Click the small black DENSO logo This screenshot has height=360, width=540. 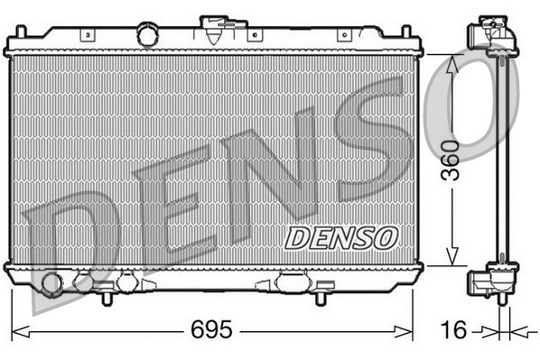340,237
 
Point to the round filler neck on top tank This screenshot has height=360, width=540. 146,34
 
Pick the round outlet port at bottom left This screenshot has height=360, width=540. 51,285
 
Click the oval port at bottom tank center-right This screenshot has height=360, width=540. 292,282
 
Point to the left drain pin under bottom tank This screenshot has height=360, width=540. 106,295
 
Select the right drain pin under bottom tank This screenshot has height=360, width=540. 322,295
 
